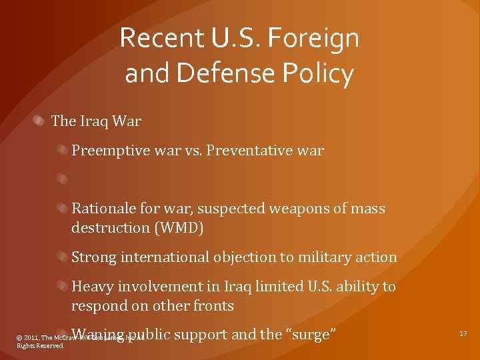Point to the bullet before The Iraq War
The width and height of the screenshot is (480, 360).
click(41, 121)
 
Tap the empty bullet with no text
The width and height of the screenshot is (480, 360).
click(62, 179)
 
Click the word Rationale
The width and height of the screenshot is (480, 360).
click(104, 209)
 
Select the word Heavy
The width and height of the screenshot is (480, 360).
click(92, 286)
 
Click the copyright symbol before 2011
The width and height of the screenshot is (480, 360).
click(19, 339)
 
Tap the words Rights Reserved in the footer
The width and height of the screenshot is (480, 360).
click(40, 346)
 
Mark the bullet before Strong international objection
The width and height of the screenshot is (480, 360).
click(62, 256)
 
